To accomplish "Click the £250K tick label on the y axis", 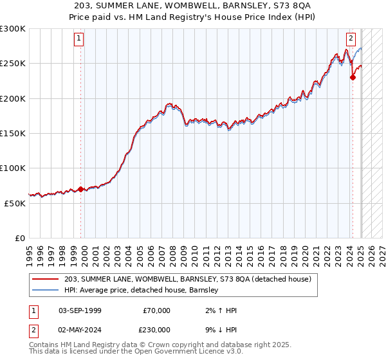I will (12, 64).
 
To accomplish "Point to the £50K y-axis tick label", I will (15, 203).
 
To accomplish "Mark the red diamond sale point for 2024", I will (353, 78).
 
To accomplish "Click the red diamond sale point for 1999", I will (80, 189).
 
